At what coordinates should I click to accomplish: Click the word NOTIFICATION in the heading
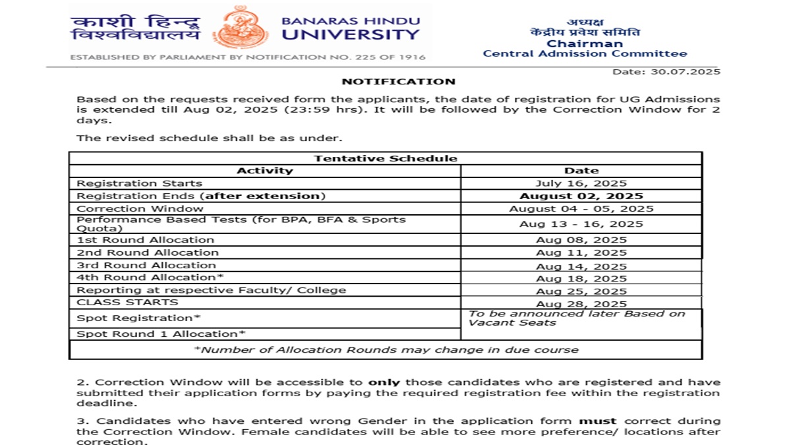pos(398,82)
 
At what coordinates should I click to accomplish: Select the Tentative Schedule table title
pos(386,158)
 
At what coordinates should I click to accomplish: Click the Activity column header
pos(264,170)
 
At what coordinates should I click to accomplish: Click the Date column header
pos(581,170)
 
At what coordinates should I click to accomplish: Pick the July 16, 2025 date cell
pos(581,183)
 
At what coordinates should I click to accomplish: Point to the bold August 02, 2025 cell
pos(581,196)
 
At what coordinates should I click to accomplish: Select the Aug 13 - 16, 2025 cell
pos(581,224)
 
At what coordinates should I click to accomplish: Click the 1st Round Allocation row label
pos(146,240)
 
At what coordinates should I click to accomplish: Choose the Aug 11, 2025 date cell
pos(581,252)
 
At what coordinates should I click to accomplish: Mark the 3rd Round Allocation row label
pos(146,265)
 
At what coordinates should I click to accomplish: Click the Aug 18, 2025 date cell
pos(581,278)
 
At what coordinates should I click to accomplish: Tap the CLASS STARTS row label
pos(128,302)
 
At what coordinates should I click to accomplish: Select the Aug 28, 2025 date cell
pos(581,304)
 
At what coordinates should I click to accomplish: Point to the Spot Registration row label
pos(139,318)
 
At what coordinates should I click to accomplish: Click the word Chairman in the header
pos(585,44)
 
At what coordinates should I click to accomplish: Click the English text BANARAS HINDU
pos(350,20)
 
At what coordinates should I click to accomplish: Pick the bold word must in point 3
pos(597,421)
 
